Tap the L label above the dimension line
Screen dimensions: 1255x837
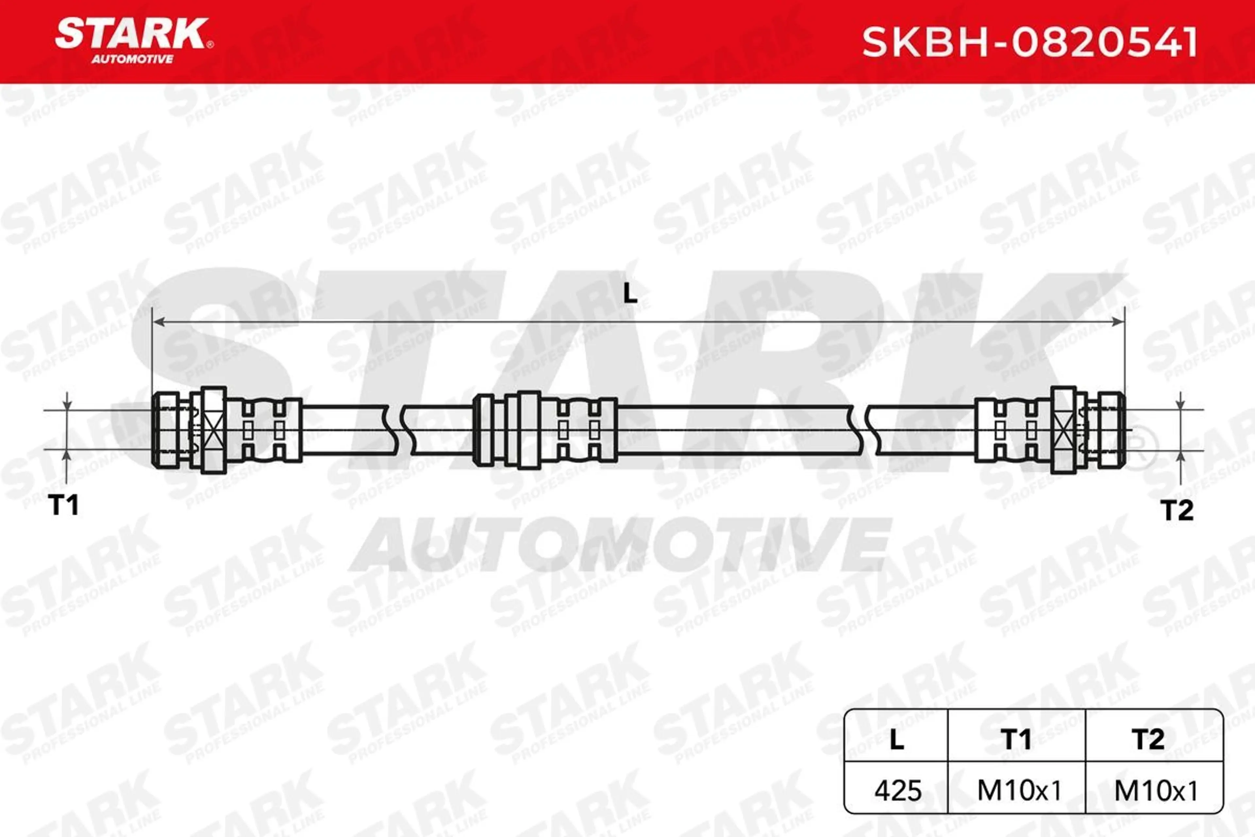(630, 293)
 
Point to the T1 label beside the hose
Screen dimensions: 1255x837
(64, 504)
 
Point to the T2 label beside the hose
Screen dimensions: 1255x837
(1177, 510)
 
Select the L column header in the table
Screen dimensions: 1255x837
(897, 739)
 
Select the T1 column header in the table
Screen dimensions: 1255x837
(1016, 739)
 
